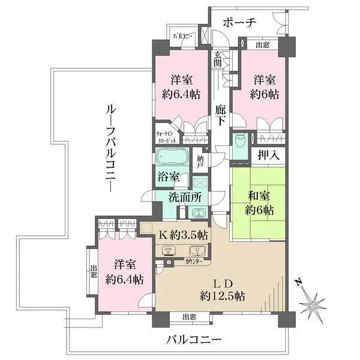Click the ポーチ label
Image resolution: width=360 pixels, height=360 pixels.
[239, 22]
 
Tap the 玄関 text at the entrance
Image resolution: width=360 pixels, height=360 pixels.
[218, 59]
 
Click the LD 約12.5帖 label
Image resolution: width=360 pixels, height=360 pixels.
[222, 289]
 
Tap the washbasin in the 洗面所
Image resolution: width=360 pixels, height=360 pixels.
[196, 213]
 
